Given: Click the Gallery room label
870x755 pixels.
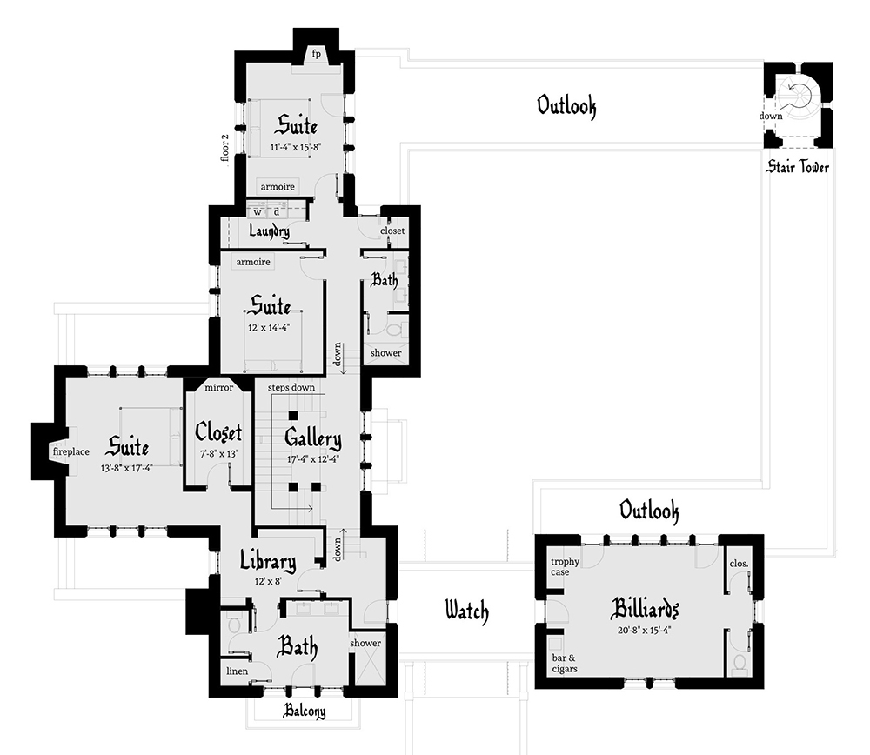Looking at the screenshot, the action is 313,438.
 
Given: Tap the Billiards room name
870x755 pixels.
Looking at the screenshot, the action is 645,609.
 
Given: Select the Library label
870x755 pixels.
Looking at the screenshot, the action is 268,561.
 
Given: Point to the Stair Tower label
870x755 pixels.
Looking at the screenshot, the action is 797,166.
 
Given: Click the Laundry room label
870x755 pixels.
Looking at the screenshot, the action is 269,231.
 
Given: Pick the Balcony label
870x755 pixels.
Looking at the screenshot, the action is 304,711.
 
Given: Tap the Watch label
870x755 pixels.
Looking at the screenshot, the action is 467,611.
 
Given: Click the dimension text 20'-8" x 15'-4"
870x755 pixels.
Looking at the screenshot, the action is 644,631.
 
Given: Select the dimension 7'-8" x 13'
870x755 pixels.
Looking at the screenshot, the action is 218,454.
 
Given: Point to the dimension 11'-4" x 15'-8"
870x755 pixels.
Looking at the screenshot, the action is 296,148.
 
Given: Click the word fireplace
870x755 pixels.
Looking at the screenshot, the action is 71,451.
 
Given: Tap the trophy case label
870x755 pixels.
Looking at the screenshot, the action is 565,566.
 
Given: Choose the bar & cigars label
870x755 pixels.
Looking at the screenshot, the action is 565,663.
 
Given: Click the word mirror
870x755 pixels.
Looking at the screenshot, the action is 218,387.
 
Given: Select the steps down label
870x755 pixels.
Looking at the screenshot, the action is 291,387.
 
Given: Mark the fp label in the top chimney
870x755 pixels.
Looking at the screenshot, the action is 317,54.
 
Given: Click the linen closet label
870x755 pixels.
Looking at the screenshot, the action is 237,671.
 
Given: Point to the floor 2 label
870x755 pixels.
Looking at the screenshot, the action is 224,148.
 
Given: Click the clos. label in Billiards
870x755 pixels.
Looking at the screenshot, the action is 739,563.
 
